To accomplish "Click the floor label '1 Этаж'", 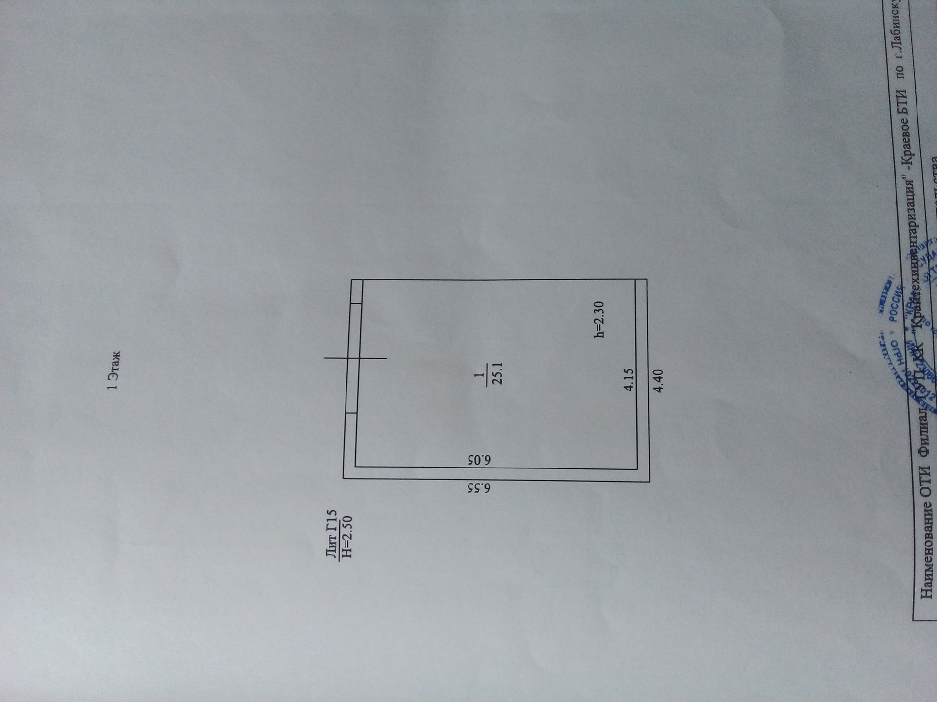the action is [x=113, y=370].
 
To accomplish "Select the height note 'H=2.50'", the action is [x=346, y=536].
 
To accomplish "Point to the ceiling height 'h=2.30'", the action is [x=599, y=319].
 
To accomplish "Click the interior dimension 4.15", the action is [x=629, y=379].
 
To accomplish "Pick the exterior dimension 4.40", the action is [x=658, y=381].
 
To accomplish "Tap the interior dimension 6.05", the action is [x=479, y=460].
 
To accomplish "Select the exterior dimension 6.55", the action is [x=479, y=488].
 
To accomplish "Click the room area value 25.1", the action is [x=497, y=373].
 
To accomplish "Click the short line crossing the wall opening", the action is [x=355, y=358].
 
